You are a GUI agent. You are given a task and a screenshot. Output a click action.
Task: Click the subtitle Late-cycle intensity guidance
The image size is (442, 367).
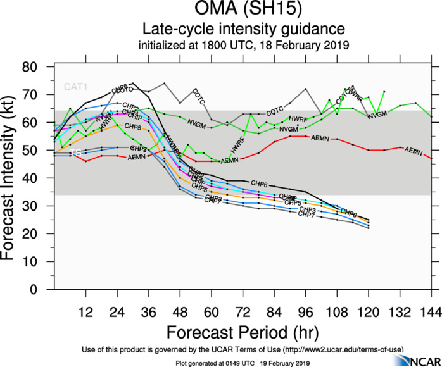[x=243, y=29]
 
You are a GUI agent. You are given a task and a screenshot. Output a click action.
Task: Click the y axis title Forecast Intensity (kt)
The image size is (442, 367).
[x=14, y=178]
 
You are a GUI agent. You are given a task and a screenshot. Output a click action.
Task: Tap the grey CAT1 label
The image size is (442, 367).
[x=73, y=87]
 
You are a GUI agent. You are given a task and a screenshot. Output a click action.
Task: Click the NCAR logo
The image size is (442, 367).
[x=415, y=360]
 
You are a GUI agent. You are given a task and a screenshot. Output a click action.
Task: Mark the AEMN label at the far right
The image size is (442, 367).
[x=414, y=151]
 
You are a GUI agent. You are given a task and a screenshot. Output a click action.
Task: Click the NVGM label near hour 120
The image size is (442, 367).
[x=377, y=115]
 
